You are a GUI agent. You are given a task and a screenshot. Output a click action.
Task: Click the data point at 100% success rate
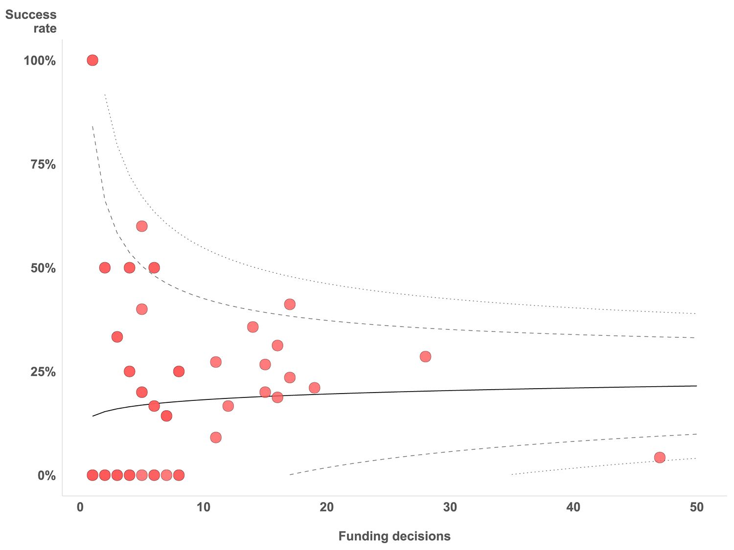click(x=92, y=60)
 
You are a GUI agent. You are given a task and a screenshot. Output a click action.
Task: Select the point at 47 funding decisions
click(x=660, y=458)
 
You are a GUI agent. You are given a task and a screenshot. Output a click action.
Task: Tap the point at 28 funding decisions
click(x=425, y=356)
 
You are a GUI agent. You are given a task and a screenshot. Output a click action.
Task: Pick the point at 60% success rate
click(x=142, y=226)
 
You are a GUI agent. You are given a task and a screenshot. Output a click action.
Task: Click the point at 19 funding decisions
click(x=315, y=388)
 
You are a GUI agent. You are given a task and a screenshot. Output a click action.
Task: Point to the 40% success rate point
click(x=142, y=309)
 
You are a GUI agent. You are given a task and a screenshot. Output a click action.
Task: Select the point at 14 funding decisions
click(x=253, y=327)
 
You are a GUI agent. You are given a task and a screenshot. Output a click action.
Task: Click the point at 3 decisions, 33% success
click(x=117, y=337)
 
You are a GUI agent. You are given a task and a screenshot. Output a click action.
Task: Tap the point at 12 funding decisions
click(x=228, y=406)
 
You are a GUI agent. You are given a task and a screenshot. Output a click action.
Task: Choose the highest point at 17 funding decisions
click(x=290, y=304)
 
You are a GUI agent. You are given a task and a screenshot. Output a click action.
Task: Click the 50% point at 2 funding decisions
click(x=105, y=267)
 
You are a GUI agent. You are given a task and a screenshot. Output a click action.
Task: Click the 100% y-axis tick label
click(x=40, y=61)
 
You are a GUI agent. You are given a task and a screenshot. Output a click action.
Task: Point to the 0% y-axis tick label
click(x=46, y=476)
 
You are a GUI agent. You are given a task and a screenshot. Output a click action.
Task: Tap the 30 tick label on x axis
click(x=450, y=507)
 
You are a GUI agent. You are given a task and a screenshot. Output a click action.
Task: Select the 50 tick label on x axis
click(x=697, y=507)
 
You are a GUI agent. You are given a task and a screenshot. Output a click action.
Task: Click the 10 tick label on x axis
click(x=204, y=507)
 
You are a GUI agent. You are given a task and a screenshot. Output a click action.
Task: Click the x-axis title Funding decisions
click(x=394, y=536)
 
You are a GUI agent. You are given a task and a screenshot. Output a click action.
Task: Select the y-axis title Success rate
click(x=31, y=22)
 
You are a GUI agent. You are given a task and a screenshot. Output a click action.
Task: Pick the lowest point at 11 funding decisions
click(x=216, y=437)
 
